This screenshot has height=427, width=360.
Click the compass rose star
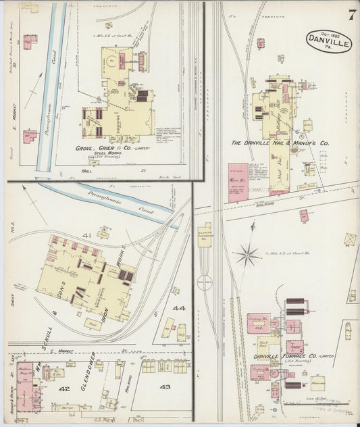tap(248, 255)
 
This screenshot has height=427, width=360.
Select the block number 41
tap(86, 235)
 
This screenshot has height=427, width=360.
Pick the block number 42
tap(65, 389)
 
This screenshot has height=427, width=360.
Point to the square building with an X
tap(350, 239)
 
